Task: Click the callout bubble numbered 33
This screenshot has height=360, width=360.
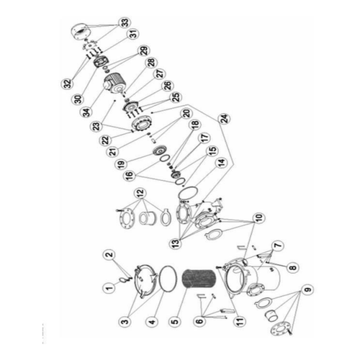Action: (125, 23)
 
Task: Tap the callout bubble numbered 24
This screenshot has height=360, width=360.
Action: (224, 118)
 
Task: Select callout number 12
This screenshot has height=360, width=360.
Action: (140, 192)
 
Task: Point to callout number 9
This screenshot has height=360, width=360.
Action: (308, 289)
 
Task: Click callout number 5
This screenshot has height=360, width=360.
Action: (176, 321)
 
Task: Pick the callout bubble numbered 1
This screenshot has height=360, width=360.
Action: (109, 287)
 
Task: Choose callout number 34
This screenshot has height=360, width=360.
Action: (86, 112)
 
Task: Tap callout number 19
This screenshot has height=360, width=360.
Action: (122, 163)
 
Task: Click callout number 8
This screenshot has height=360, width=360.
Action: (293, 267)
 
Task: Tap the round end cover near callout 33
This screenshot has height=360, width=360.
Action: (81, 32)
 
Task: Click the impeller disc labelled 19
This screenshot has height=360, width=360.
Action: (159, 151)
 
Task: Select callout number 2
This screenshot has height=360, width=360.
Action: (109, 255)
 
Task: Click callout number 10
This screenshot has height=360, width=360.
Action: (258, 217)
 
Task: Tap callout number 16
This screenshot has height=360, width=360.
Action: (130, 176)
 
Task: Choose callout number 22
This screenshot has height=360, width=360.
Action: (106, 140)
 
